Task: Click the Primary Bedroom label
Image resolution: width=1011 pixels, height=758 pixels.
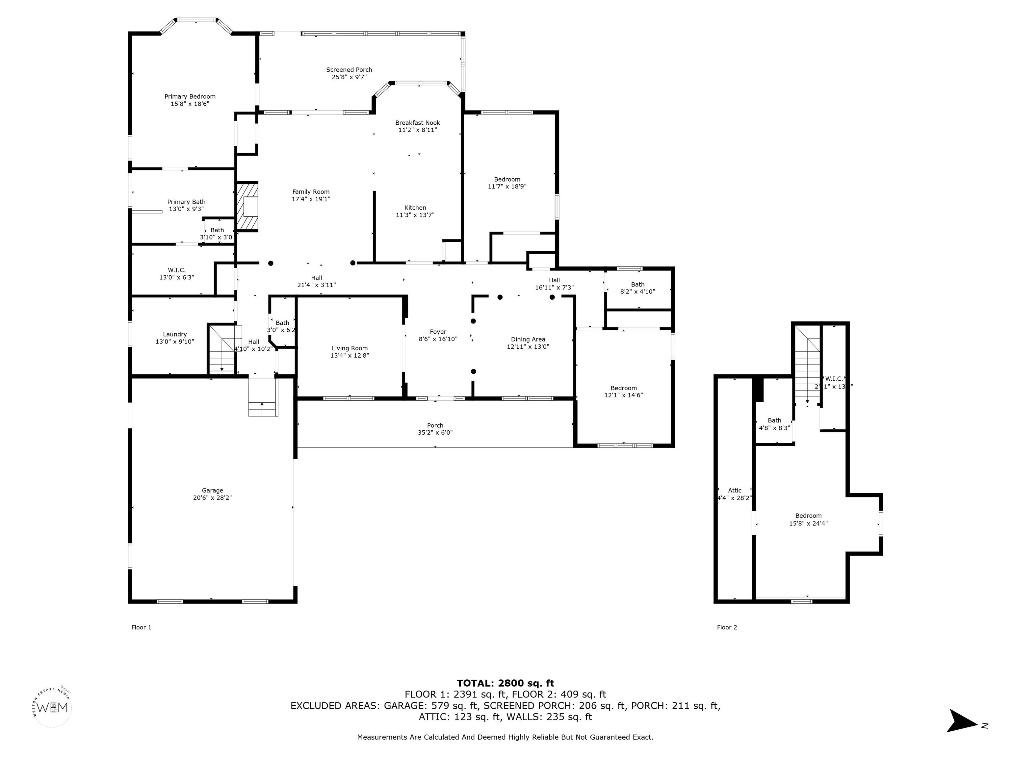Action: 190,96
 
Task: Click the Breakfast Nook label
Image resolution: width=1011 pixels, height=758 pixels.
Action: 417,122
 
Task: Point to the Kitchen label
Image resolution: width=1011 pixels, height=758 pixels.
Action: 415,208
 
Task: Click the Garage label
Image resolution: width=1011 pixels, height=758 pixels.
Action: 212,490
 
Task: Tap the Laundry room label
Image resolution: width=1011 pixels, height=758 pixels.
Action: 175,334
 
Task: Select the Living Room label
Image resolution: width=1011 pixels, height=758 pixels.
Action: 349,348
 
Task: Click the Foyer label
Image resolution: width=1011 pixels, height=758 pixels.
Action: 438,332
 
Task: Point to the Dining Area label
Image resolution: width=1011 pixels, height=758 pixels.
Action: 528,339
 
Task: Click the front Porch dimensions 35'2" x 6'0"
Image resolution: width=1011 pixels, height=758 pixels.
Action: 435,433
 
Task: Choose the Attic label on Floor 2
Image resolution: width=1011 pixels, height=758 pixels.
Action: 735,490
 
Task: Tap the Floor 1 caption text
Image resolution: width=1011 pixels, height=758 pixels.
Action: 141,627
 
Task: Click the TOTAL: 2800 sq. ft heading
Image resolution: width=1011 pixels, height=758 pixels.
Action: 505,683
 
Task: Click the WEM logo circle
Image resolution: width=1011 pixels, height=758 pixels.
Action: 53,708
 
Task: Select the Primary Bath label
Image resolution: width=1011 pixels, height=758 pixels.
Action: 186,201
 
